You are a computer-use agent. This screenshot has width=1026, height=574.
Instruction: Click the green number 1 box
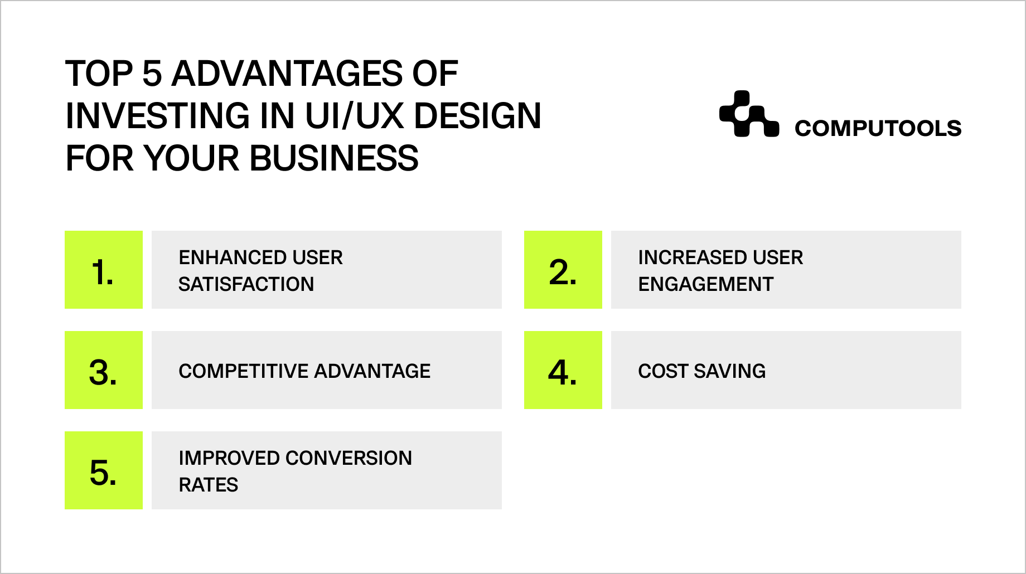104,270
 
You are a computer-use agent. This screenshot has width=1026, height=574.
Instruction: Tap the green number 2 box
563,270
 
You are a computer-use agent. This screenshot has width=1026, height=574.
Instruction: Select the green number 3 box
104,370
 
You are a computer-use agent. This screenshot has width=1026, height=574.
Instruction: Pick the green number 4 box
563,370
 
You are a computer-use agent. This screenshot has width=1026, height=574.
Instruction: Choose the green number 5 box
104,470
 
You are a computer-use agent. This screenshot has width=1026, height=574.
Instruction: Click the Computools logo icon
749,114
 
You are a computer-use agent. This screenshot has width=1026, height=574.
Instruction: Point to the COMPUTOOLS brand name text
878,128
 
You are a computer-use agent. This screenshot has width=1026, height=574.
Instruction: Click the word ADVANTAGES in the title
287,74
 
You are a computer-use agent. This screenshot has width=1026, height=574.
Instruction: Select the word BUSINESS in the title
334,158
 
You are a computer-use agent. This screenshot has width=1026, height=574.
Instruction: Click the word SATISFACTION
246,284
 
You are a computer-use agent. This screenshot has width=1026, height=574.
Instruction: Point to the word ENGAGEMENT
706,284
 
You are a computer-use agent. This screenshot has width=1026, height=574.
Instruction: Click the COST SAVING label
702,371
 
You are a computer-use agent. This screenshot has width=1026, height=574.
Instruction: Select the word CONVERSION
349,458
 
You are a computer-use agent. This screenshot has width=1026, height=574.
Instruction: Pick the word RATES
209,485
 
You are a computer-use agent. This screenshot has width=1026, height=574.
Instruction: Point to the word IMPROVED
229,458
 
